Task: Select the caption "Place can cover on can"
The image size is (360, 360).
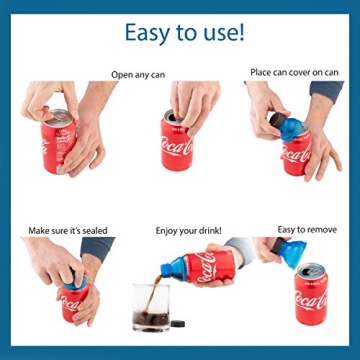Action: pos(293,72)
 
